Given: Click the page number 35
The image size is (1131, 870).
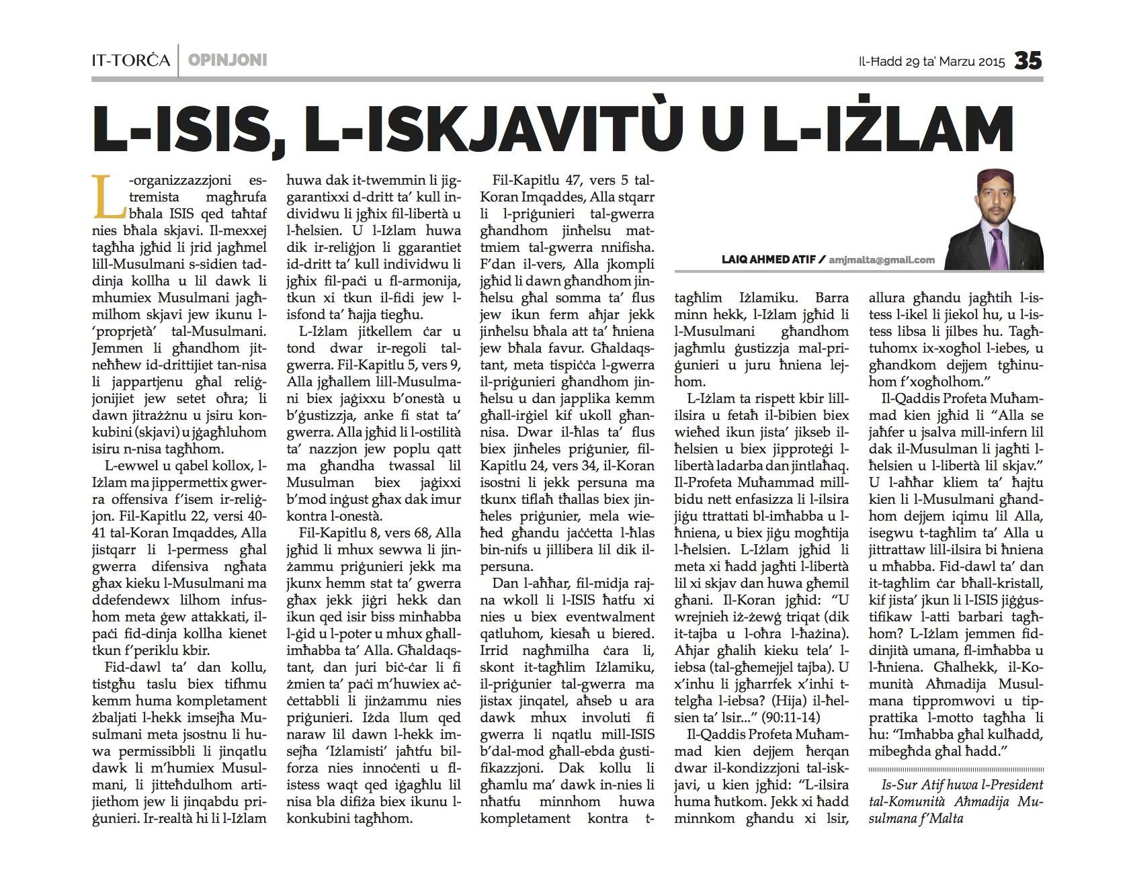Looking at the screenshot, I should click(1028, 60).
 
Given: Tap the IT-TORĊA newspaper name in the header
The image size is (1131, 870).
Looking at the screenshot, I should click(130, 60).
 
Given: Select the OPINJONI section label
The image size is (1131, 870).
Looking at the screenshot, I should click(228, 60).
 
